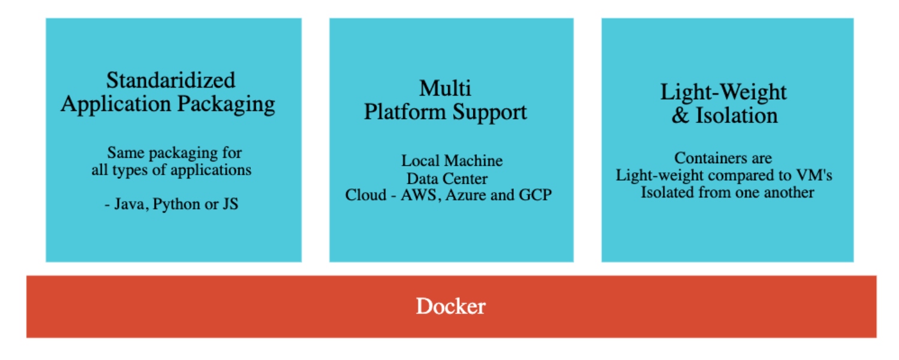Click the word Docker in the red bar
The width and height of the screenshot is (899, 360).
(451, 307)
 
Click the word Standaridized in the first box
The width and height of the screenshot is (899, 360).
(171, 80)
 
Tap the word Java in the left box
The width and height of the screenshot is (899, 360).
(130, 204)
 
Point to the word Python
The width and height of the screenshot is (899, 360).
(175, 204)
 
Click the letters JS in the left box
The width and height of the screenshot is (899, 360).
(230, 204)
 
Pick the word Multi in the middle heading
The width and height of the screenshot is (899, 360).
(445, 88)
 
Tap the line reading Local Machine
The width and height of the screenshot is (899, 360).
(452, 161)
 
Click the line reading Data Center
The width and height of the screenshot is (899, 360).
(447, 178)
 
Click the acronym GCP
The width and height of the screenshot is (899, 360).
(536, 195)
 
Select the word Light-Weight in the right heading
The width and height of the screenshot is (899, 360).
(723, 92)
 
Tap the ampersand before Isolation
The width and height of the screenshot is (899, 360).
(681, 115)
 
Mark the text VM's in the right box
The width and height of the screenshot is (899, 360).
(817, 175)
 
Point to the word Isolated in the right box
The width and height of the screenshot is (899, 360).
(664, 192)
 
